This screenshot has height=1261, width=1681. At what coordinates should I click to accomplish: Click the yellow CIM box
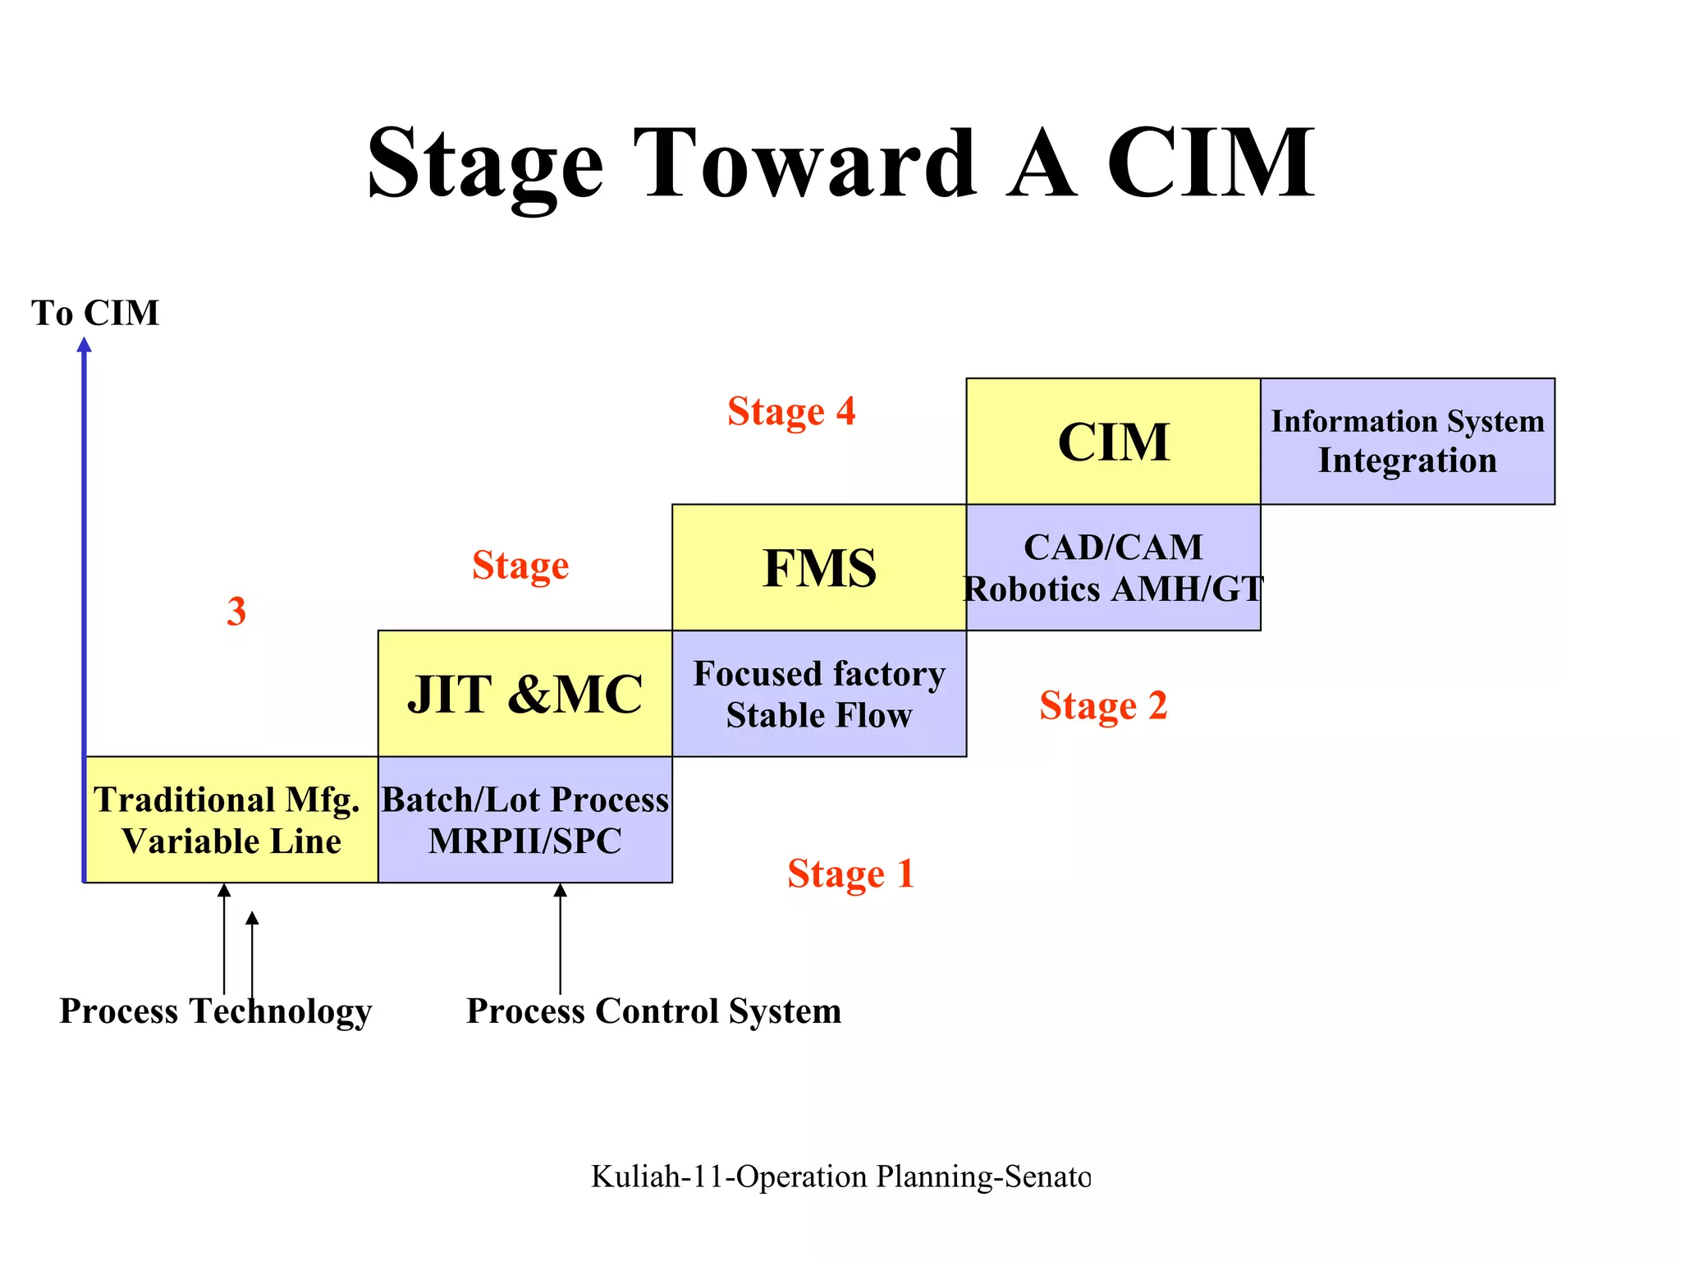1113,442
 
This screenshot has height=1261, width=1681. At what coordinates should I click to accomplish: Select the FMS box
819,568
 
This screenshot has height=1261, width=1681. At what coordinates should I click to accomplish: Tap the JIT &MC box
524,694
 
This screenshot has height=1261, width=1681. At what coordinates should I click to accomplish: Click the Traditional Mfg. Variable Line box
231,820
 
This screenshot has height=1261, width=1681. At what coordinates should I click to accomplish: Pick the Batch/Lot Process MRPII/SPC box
524,820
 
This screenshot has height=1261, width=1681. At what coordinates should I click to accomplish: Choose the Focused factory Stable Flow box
819,694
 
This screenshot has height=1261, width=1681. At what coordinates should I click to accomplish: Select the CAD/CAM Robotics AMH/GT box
1113,568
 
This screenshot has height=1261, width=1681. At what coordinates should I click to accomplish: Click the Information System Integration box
1407,442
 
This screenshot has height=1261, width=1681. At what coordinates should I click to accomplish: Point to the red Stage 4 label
791,411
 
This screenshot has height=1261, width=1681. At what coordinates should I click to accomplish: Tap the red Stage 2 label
1102,705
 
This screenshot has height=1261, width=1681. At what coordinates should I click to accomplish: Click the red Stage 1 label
850,874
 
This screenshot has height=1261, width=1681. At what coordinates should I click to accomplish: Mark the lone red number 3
236,612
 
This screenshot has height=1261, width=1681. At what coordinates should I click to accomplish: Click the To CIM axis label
95,313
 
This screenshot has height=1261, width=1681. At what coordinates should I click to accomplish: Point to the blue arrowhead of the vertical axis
84,346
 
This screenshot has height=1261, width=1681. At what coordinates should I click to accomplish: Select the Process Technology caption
215,1011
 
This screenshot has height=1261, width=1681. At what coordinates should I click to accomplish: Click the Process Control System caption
653,1011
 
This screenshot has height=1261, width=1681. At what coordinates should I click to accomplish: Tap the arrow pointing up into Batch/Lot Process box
561,936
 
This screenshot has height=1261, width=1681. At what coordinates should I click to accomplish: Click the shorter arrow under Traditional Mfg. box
252,952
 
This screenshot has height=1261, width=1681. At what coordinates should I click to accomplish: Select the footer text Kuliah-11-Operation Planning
840,1176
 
